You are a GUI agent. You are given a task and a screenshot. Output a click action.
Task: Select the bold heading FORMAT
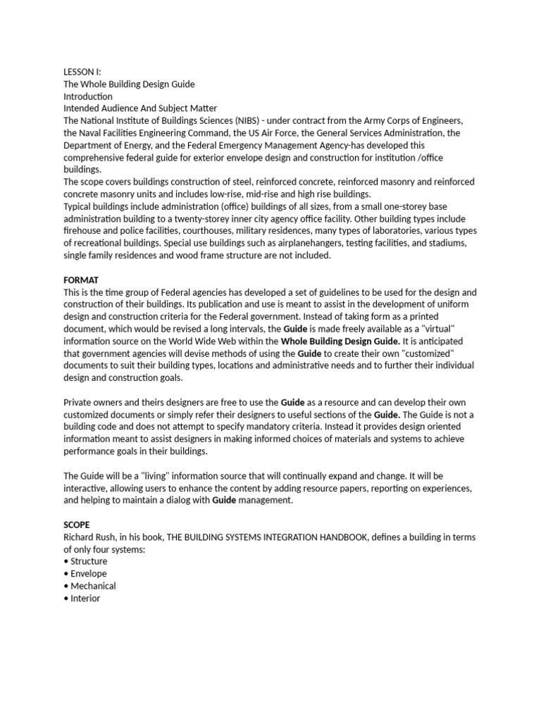[x=81, y=280]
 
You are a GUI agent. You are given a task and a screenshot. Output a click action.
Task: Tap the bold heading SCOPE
[x=77, y=525]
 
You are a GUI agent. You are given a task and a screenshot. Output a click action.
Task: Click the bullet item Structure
[x=89, y=561]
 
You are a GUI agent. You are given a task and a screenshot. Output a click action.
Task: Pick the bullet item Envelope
[x=89, y=574]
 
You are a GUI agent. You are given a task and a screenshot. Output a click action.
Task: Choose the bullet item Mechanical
[x=93, y=586]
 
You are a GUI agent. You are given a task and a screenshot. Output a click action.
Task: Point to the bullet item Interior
[x=85, y=598]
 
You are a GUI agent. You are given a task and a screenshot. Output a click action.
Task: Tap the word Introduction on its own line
[x=88, y=96]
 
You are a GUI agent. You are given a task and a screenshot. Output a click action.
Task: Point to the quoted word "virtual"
[x=438, y=329]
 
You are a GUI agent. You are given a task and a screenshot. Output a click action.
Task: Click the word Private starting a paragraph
[x=79, y=402]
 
